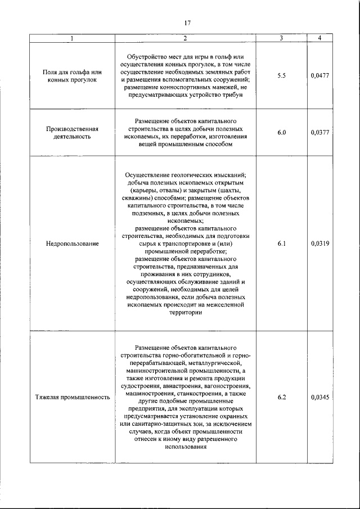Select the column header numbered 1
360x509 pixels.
(72, 38)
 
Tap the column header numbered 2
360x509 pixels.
(185, 38)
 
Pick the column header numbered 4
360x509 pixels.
(319, 38)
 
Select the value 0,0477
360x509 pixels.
(319, 76)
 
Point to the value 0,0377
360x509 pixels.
(319, 133)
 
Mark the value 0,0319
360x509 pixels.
(319, 244)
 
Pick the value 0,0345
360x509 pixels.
(319, 397)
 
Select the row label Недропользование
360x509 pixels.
(73, 244)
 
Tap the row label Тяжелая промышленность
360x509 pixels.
(73, 397)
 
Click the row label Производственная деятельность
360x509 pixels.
(73, 133)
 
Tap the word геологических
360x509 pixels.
(195, 175)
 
